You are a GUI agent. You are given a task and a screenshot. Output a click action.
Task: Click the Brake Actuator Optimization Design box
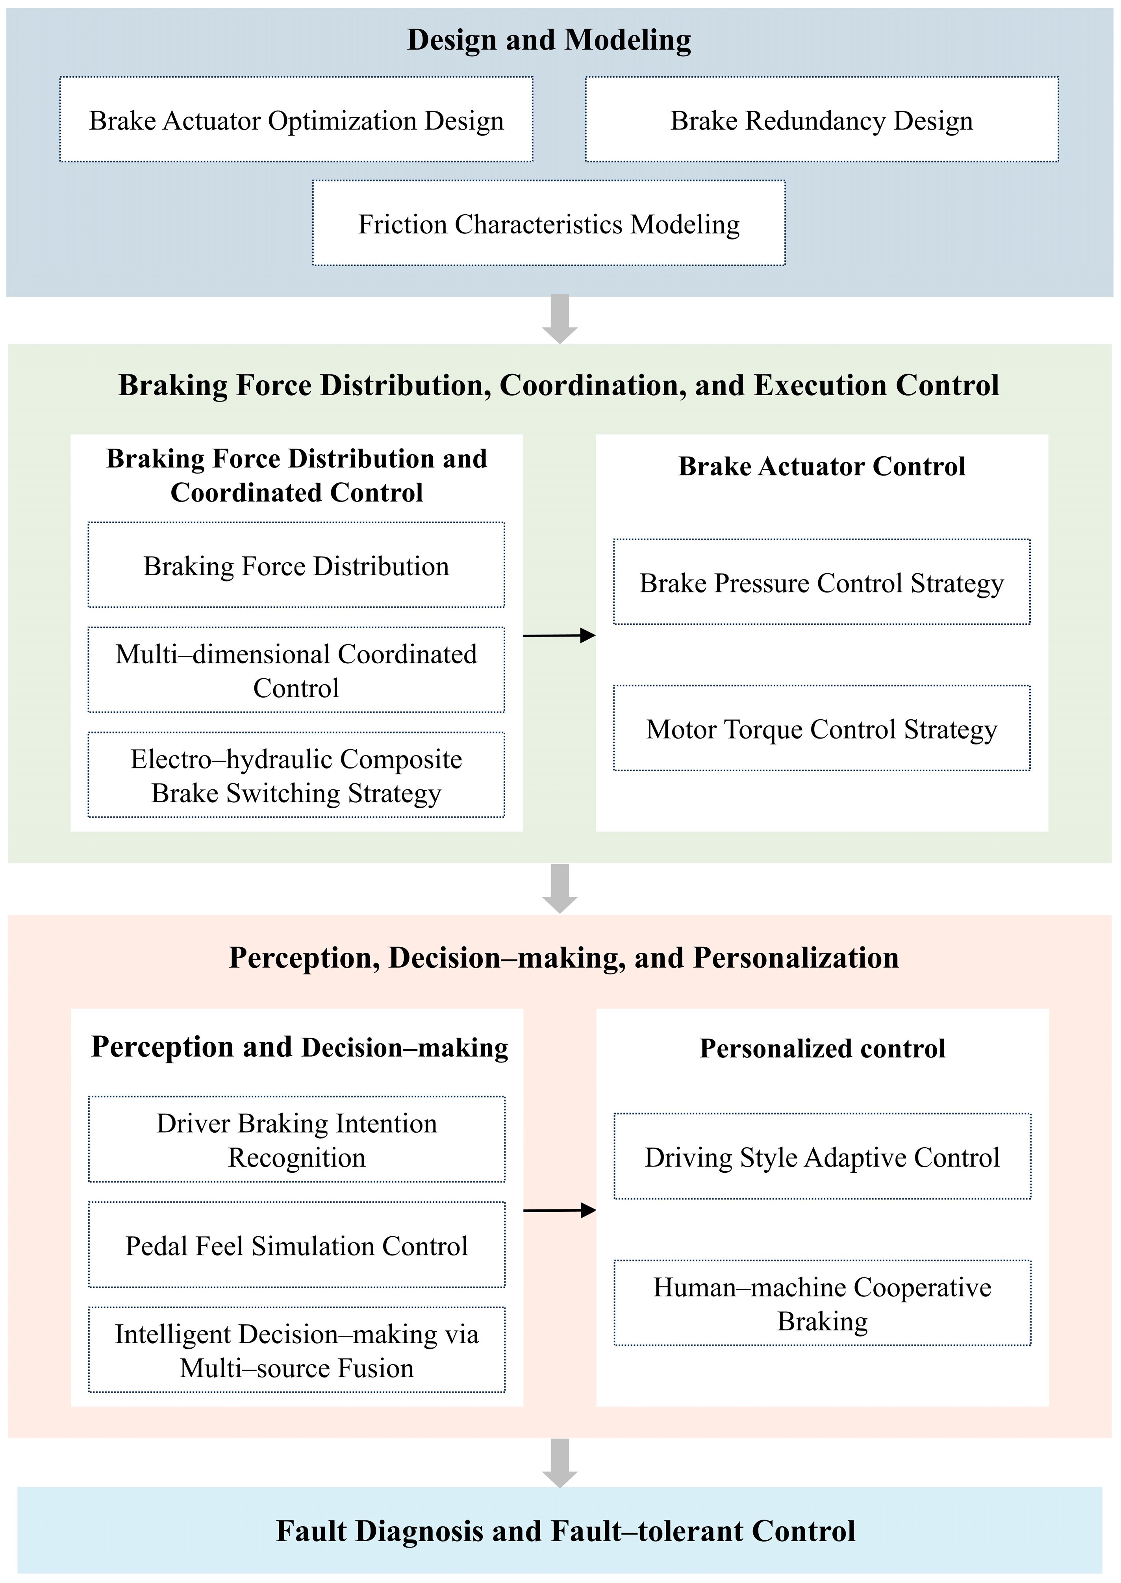[x=296, y=120]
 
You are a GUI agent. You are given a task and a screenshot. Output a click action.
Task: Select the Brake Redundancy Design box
[x=821, y=120]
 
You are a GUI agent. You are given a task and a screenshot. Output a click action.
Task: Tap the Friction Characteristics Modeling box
[x=549, y=224]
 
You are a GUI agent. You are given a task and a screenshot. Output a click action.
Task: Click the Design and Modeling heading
[x=549, y=40]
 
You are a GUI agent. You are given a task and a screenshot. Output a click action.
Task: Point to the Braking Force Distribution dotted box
[x=296, y=566]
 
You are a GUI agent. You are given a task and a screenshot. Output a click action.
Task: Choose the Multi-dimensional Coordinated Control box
[x=296, y=671]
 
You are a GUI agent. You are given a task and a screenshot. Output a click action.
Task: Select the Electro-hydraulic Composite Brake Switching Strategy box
[x=296, y=776]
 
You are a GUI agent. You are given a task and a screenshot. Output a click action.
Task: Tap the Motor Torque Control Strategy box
[x=821, y=729]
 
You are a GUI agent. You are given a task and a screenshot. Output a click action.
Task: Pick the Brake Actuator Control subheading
[x=821, y=467]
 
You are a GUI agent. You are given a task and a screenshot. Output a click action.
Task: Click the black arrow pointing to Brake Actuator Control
[x=559, y=635]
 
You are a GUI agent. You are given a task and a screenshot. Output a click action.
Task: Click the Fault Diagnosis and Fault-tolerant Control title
[x=565, y=1531]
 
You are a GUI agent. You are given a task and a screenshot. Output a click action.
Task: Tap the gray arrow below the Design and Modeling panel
[x=560, y=319]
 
